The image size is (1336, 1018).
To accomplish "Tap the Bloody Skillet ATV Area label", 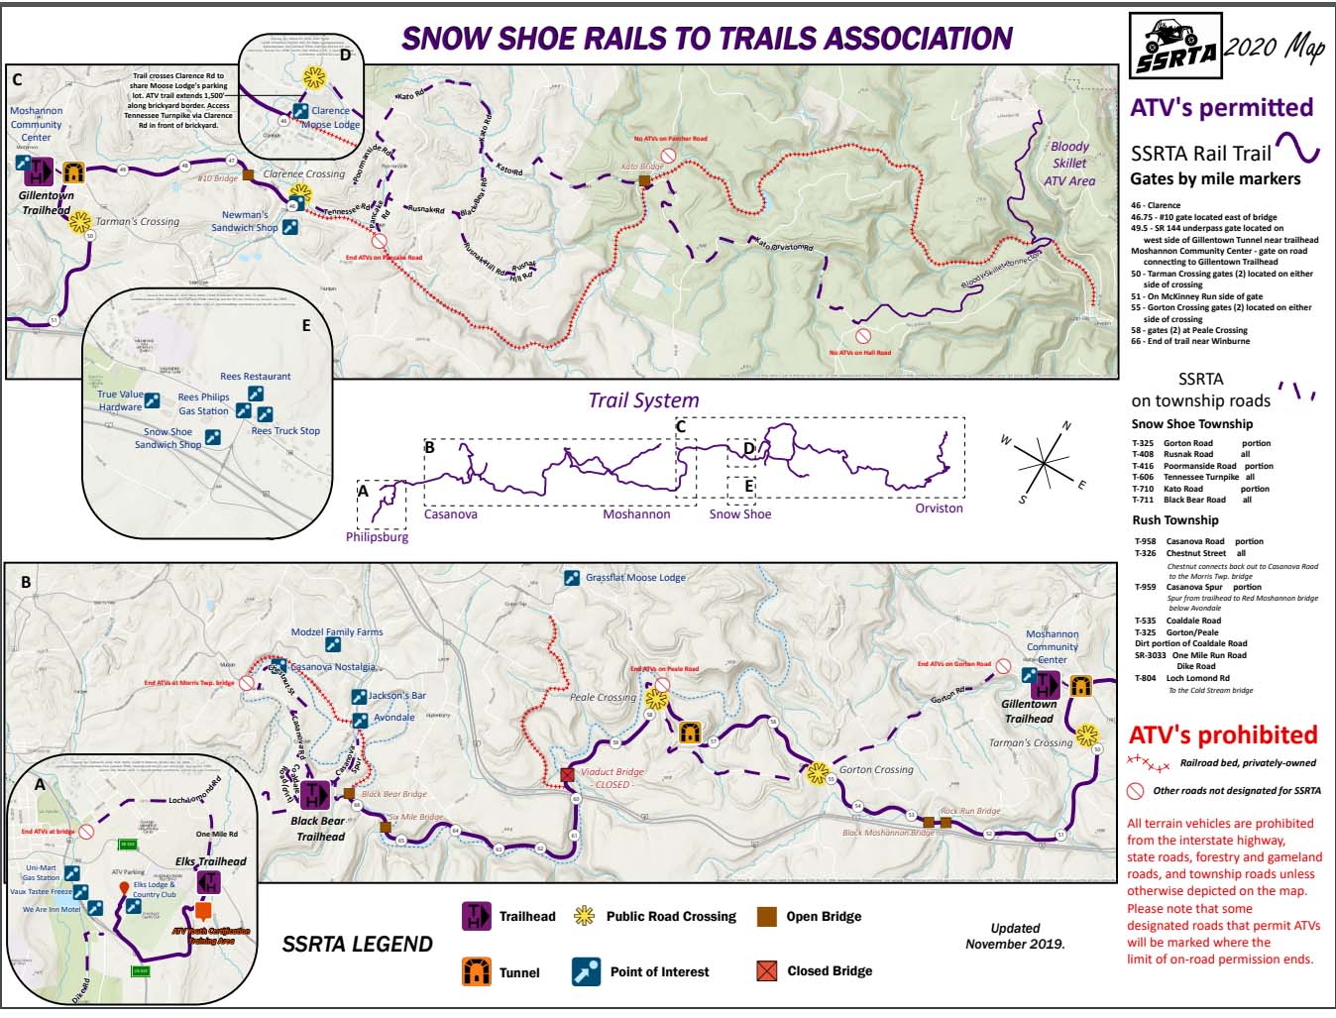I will [x=1069, y=164].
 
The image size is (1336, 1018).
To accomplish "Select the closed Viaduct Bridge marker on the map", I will [x=568, y=775].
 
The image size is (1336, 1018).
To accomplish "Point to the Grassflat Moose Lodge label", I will [x=635, y=577].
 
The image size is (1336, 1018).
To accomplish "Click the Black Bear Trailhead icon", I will [x=315, y=794].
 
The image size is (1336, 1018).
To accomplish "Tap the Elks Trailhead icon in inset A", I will [x=209, y=882].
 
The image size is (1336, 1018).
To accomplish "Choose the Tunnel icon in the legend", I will [x=477, y=971].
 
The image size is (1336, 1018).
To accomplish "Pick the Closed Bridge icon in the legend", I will [x=766, y=970].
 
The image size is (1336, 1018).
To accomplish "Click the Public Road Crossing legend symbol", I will [x=584, y=916].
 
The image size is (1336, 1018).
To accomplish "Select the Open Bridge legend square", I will [x=765, y=916].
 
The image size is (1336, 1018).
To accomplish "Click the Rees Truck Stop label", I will [x=285, y=431].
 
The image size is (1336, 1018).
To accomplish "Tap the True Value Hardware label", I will [x=120, y=400].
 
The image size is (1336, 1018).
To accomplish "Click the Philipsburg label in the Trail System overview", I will [x=377, y=537].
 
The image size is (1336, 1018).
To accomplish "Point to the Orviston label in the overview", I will [x=939, y=509].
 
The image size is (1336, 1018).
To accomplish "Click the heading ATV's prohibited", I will [x=1223, y=735].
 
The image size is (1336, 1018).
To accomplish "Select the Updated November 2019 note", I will [x=1015, y=936].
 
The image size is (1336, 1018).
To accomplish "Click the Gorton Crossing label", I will [x=876, y=769].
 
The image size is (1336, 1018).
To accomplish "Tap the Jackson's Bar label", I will [x=397, y=696].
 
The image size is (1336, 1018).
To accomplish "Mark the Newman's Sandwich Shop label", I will [x=244, y=221].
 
